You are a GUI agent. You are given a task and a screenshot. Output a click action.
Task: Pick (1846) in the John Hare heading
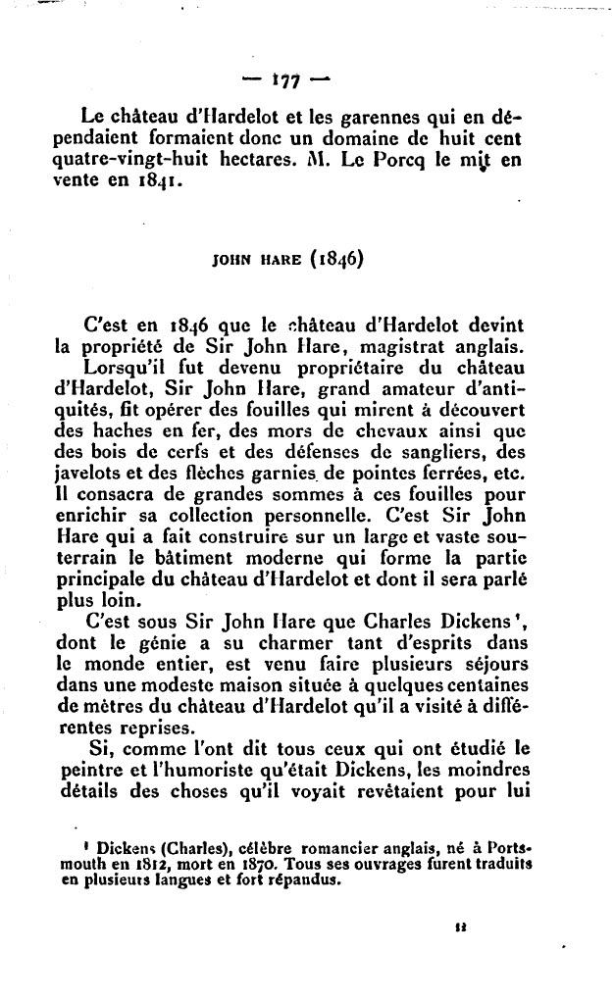(336, 261)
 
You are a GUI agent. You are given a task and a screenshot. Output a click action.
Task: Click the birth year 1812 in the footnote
(136, 863)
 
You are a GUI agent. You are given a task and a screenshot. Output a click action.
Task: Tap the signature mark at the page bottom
(460, 924)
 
